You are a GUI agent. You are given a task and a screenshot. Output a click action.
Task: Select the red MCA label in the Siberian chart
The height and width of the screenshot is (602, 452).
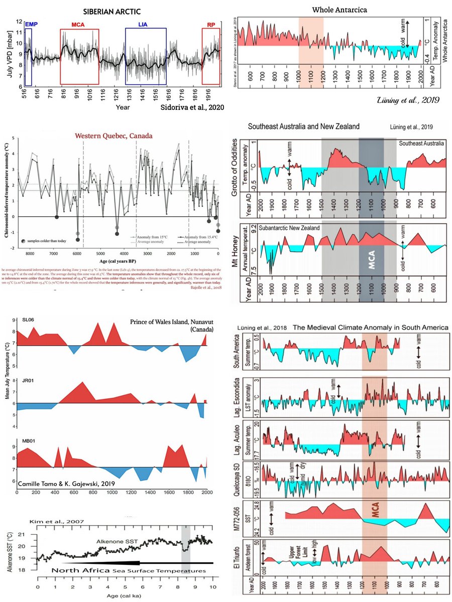pyautogui.click(x=78, y=24)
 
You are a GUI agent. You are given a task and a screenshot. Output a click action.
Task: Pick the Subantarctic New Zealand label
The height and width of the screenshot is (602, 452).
pyautogui.click(x=289, y=228)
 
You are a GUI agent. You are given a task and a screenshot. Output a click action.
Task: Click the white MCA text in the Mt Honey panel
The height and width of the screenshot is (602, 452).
pyautogui.click(x=371, y=261)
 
